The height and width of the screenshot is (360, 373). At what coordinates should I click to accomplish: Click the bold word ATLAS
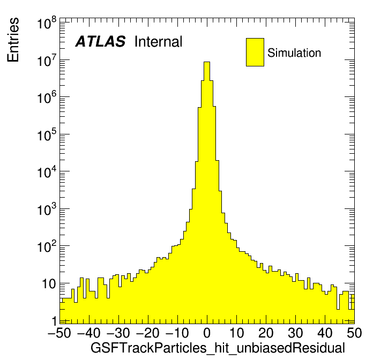tap(100, 42)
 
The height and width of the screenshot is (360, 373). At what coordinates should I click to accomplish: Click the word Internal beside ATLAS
tap(159, 42)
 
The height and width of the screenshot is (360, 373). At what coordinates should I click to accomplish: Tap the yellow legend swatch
tap(255, 52)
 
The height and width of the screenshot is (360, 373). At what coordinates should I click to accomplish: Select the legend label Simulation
tap(294, 53)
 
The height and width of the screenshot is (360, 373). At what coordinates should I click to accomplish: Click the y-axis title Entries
tap(13, 40)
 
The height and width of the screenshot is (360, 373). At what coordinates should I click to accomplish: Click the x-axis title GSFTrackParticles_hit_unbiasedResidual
tap(218, 348)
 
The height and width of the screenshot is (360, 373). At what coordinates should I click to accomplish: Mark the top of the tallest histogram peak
tap(207, 62)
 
